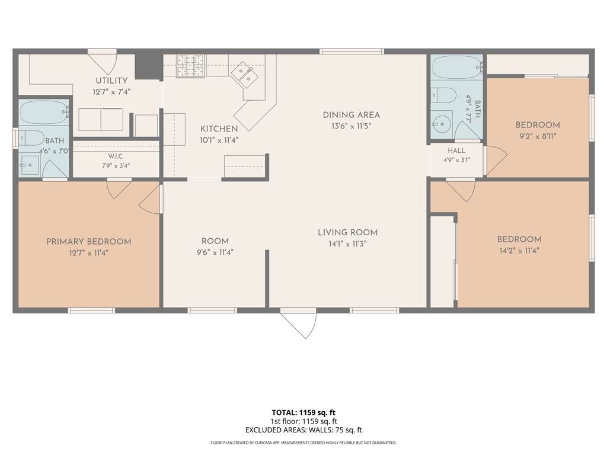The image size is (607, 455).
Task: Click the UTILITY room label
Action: click(x=111, y=81)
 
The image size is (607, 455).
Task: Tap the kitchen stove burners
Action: click(x=190, y=65)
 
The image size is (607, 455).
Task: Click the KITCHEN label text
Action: click(x=219, y=129)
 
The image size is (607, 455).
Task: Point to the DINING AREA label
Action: click(x=351, y=115)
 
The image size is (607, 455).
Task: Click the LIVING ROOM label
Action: click(x=347, y=232)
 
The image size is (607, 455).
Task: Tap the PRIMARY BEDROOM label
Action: click(x=89, y=242)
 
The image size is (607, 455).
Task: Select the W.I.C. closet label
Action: click(x=116, y=156)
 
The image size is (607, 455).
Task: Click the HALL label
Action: click(x=457, y=151)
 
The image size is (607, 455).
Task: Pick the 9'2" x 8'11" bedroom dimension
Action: click(x=538, y=136)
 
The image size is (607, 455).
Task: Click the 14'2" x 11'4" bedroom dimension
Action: click(x=519, y=251)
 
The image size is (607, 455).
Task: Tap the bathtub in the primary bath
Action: click(x=44, y=112)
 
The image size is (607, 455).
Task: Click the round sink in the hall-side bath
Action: click(x=442, y=124)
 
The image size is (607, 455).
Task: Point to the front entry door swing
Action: click(x=298, y=323)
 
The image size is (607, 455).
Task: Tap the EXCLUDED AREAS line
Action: click(x=303, y=430)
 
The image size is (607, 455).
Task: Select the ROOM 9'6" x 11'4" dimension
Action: click(x=215, y=252)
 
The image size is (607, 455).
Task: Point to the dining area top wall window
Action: click(x=352, y=51)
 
